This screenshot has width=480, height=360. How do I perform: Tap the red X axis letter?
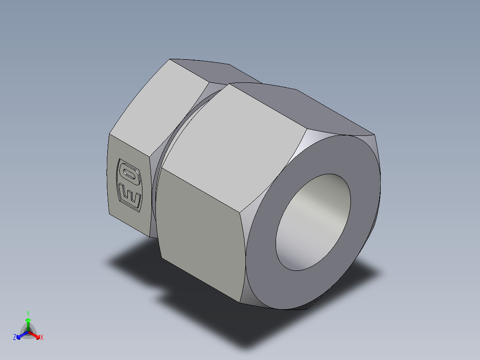[x=42, y=338]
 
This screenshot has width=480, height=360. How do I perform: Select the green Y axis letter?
[x=28, y=313]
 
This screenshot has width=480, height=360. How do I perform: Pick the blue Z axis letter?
[x=15, y=338]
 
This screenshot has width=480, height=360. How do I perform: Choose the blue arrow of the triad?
[x=20, y=335]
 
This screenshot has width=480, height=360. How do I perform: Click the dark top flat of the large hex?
[x=303, y=107]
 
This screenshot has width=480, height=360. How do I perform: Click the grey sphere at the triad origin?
[x=28, y=332]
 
